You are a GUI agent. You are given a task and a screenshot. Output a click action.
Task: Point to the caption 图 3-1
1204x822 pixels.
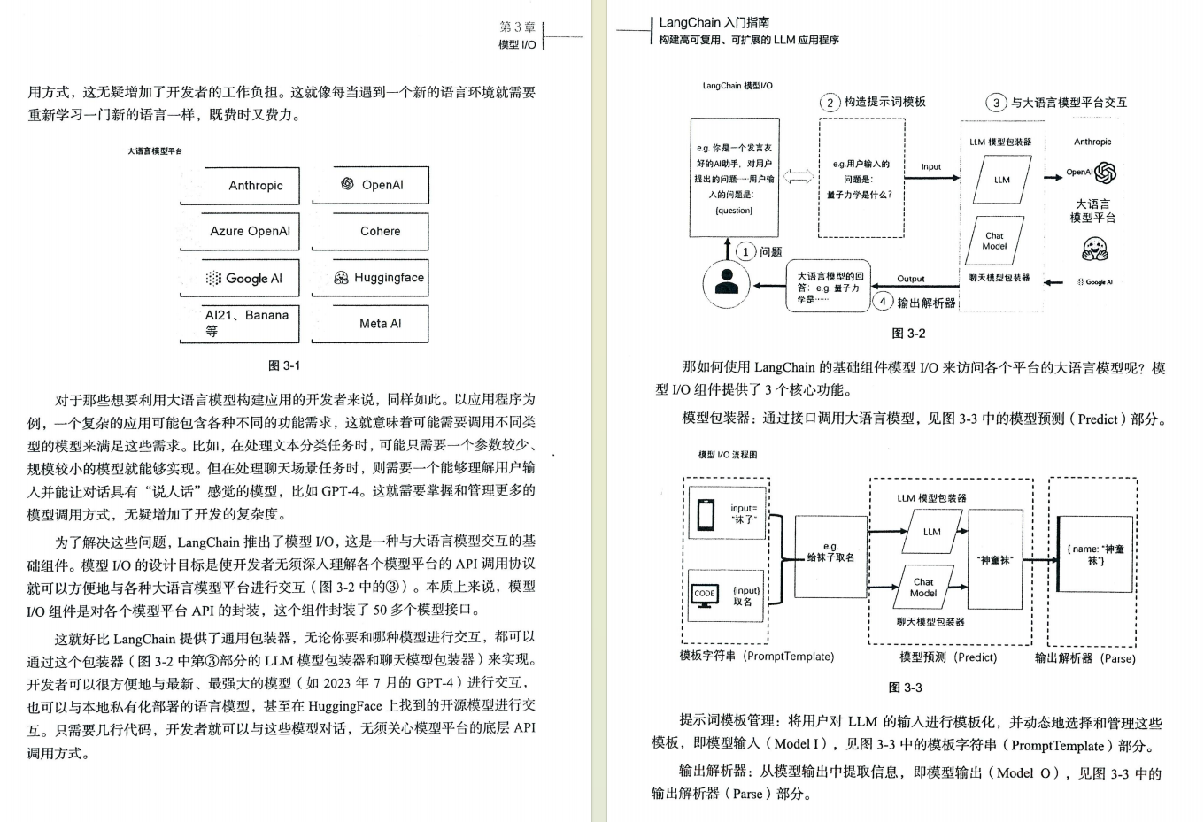284,365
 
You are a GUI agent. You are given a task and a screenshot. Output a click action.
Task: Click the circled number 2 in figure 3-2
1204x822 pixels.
830,103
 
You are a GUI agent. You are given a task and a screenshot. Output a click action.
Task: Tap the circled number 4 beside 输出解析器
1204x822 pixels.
883,302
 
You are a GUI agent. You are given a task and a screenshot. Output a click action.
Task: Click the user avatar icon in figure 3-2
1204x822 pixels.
726,282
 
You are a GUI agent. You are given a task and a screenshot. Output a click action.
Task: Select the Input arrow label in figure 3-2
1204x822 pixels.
931,166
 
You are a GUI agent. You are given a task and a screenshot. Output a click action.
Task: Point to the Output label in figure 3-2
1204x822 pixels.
910,279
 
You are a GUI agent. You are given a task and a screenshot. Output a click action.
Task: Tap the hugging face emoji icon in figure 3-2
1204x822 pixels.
1094,250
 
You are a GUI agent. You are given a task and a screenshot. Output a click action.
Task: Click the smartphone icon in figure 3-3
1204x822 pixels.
706,515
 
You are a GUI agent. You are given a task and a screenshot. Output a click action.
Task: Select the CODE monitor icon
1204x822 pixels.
705,595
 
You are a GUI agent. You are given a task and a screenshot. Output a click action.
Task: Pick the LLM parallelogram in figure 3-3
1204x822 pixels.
931,532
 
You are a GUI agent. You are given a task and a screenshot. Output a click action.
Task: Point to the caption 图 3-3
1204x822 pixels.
905,688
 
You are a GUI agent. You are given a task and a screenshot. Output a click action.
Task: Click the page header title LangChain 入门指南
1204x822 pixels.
714,23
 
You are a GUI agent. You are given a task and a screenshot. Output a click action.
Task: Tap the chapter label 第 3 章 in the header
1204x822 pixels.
517,27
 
